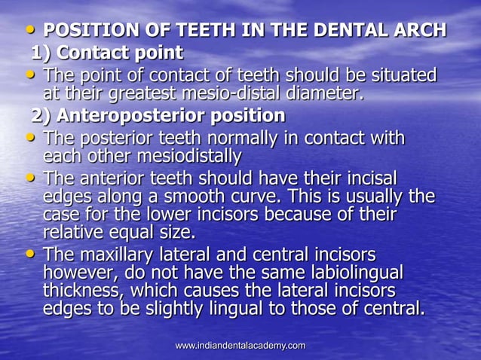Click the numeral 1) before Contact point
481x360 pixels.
click(x=41, y=53)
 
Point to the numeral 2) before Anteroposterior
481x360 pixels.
click(x=42, y=117)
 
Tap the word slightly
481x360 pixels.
click(x=183, y=309)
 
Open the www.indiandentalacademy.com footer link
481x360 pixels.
click(x=240, y=346)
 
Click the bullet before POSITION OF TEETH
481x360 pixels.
click(x=30, y=30)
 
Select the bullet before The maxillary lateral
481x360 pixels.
click(x=30, y=254)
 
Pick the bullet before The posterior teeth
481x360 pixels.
click(x=30, y=139)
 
